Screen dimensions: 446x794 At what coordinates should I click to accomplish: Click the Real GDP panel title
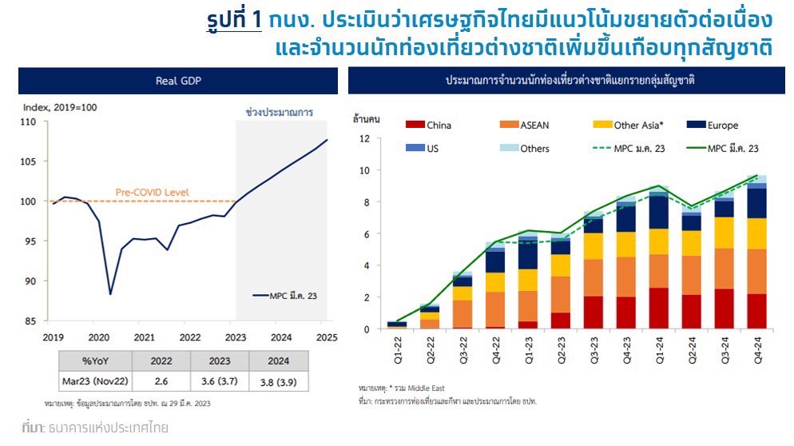[177, 82]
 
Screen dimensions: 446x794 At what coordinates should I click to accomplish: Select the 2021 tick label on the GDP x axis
[145, 336]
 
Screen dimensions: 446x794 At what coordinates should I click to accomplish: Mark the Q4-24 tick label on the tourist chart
[756, 349]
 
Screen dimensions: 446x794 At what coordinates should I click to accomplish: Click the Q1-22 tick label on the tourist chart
[396, 349]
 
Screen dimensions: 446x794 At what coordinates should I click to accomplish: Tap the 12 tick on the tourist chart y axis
[363, 138]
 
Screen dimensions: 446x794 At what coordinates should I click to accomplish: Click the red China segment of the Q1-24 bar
[658, 309]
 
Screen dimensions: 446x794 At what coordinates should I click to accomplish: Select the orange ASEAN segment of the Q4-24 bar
[756, 271]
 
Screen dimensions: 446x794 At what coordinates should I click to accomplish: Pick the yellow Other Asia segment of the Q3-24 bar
[724, 233]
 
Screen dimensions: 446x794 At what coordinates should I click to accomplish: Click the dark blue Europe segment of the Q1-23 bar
[527, 255]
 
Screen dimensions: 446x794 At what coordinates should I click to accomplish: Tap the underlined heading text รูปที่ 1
[234, 19]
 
